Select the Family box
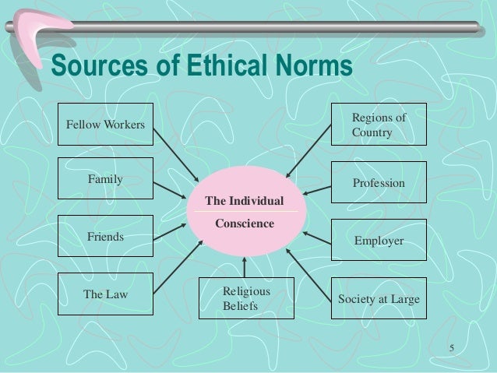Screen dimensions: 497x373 [x=105, y=180]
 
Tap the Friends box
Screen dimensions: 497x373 [x=105, y=236]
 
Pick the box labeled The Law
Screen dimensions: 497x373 [x=105, y=295]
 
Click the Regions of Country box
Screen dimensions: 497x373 [x=379, y=124]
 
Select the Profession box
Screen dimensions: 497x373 [x=379, y=183]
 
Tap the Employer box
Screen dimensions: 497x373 [x=379, y=241]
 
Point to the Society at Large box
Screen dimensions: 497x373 [x=379, y=298]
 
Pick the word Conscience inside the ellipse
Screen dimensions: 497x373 [x=245, y=223]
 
